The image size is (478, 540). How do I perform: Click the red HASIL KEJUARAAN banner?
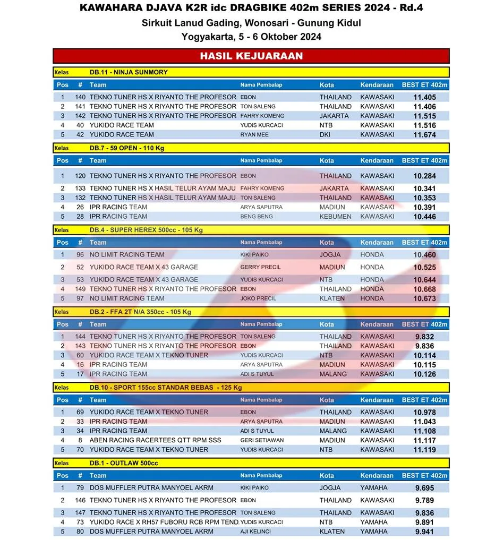point(251,56)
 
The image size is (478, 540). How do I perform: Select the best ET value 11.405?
point(424,97)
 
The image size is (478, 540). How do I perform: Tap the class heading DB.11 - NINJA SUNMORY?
point(129,72)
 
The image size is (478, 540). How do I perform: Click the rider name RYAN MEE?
point(254,135)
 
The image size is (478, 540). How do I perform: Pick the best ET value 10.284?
point(424,176)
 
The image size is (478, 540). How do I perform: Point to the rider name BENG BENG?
point(257,217)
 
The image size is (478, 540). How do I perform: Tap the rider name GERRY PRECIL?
point(260,267)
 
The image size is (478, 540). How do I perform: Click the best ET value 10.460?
point(424,255)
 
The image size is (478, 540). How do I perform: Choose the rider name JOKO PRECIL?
point(258,298)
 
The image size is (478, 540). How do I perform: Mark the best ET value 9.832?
point(424,337)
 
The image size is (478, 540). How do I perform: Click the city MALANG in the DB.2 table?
point(333,374)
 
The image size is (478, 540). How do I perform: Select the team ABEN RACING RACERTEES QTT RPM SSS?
point(155,440)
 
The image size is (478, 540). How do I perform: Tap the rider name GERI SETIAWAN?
point(262,440)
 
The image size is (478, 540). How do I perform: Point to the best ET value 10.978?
point(424,412)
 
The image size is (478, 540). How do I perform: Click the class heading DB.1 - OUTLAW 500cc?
point(124,463)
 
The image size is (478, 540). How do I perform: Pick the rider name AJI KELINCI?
point(258,532)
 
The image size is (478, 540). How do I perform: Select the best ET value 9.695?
point(424,487)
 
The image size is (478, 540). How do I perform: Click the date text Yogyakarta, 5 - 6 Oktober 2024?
point(251,37)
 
